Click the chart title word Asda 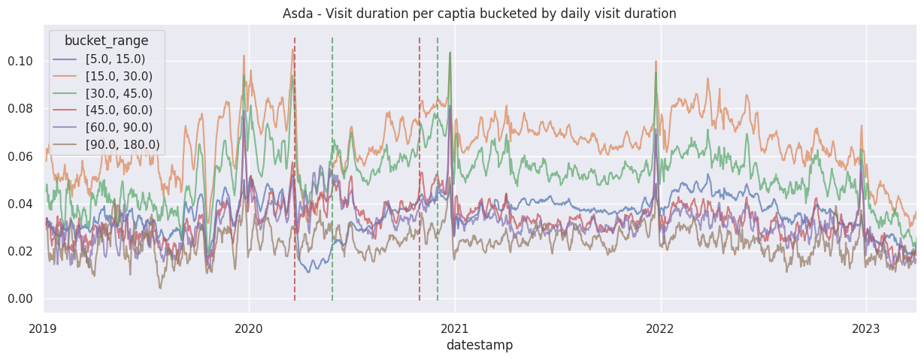point(297,14)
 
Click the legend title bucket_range point(106,41)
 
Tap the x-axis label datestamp point(480,345)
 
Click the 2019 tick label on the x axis point(44,328)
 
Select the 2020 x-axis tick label point(249,328)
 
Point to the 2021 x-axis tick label point(455,328)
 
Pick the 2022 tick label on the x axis point(660,328)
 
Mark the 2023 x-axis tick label point(866,328)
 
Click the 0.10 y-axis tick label point(20,61)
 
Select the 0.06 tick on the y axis point(20,156)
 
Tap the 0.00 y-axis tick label point(20,299)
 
